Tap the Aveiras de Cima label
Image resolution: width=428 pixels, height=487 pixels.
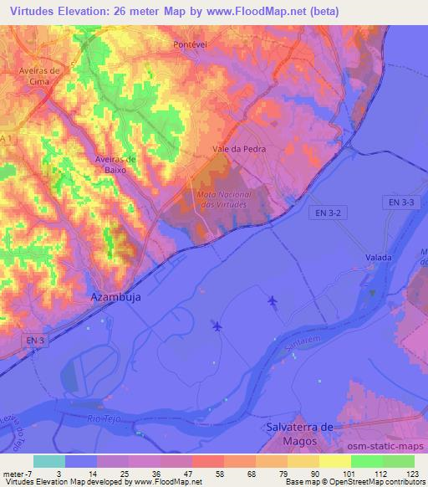pyautogui.click(x=41, y=76)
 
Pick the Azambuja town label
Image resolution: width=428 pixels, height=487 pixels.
pyautogui.click(x=115, y=297)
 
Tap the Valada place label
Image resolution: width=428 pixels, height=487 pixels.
pyautogui.click(x=379, y=257)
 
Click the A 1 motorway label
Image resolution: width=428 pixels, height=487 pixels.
pyautogui.click(x=8, y=136)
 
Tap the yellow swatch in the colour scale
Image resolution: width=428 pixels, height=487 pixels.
pyautogui.click(x=334, y=461)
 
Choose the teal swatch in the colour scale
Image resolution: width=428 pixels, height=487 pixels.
pyautogui.click(x=48, y=461)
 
